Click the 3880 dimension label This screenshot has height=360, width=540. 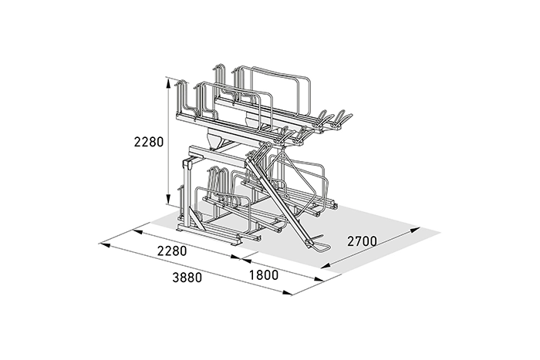click(187, 277)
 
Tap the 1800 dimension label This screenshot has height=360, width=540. click(264, 275)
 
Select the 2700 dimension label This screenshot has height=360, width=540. click(362, 241)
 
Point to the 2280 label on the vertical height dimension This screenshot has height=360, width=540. click(149, 141)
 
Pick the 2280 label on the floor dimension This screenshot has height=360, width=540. click(172, 251)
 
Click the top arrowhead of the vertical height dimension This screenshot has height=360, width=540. click(168, 83)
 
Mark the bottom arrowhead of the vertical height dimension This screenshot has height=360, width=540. click(168, 200)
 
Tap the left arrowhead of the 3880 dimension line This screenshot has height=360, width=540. click(105, 245)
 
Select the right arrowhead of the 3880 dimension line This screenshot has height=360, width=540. click(287, 292)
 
